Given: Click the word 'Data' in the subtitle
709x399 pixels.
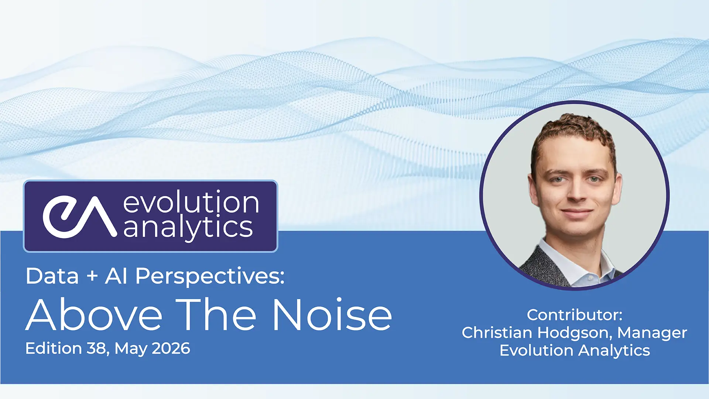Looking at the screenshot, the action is coord(52,276).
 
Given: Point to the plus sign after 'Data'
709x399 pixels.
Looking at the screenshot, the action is coord(92,276).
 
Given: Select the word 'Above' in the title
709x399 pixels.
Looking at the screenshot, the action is coord(94,314).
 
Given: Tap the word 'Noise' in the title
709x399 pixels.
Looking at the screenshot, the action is coord(332,314).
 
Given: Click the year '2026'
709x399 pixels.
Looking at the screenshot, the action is coord(171,348).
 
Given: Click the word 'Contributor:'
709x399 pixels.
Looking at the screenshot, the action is coord(575,315).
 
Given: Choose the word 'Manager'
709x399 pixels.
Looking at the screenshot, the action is coord(652,333).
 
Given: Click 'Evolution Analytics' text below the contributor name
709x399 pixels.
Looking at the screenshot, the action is coord(575,351).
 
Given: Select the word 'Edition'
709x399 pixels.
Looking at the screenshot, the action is coord(54,348).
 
